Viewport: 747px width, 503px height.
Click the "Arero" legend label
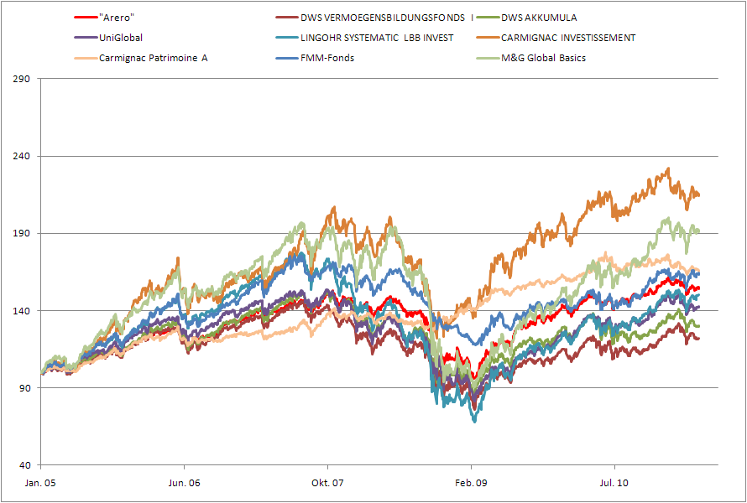117,17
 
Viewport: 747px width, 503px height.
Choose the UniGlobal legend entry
121,38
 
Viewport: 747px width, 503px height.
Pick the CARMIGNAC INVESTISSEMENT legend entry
568,38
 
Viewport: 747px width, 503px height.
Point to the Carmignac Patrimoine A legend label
153,58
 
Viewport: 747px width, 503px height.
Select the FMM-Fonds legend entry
327,58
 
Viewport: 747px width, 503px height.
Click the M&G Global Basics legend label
543,58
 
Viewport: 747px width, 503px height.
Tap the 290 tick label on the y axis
22,80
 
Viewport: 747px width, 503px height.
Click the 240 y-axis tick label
22,157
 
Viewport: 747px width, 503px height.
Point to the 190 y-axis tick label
22,234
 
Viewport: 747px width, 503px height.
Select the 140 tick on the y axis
22,311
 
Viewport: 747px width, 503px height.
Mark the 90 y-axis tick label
24,388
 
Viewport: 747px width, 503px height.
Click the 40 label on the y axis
24,465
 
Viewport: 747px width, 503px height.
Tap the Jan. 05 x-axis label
40,483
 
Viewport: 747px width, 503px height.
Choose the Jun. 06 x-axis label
184,483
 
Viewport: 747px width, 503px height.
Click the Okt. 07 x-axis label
327,483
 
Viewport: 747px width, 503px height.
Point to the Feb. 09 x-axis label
471,483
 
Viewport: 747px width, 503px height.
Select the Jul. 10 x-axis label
614,483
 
